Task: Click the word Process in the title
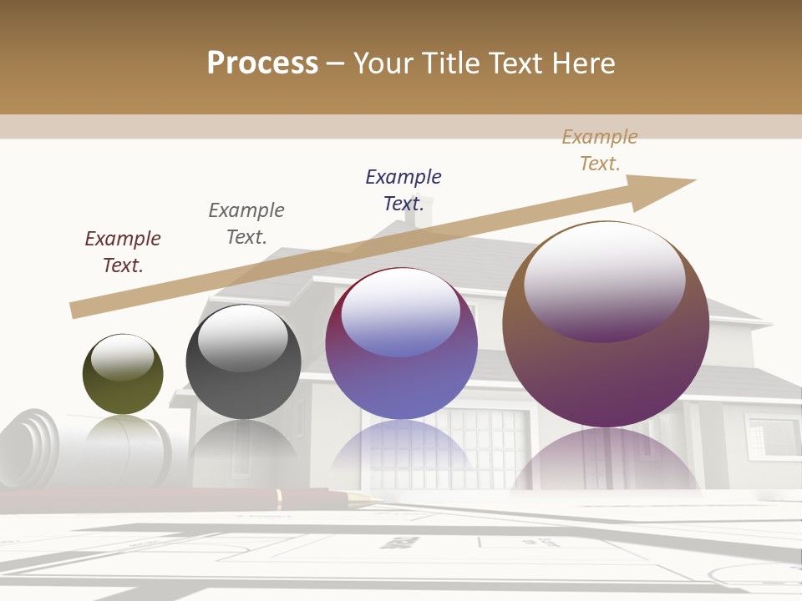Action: pyautogui.click(x=262, y=63)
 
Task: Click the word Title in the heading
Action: pyautogui.click(x=453, y=63)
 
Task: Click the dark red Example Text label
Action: pyautogui.click(x=123, y=252)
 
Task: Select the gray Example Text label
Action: pyautogui.click(x=246, y=224)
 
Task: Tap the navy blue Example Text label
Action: pyautogui.click(x=404, y=190)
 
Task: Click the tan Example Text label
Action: pyautogui.click(x=600, y=150)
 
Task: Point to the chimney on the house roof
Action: pyautogui.click(x=417, y=213)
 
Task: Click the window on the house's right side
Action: pyautogui.click(x=770, y=434)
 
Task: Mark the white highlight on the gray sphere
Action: pyautogui.click(x=242, y=338)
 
